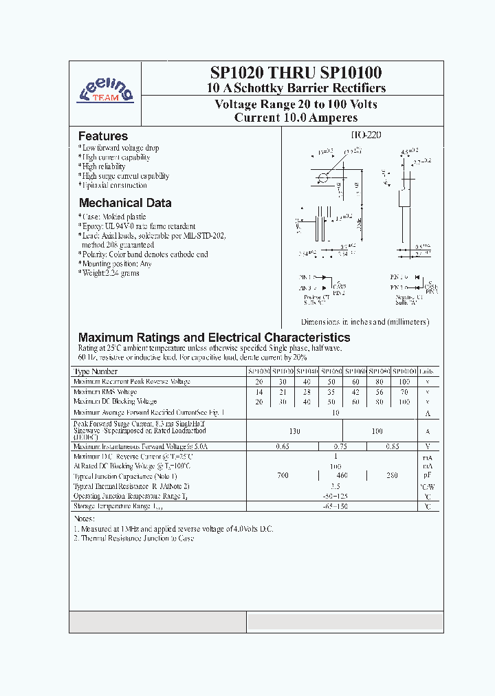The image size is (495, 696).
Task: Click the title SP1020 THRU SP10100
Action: click(x=296, y=72)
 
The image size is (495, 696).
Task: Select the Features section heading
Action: click(x=102, y=136)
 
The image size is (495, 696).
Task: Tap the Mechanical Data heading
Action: click(x=124, y=203)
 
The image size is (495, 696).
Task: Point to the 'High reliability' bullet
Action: click(x=102, y=166)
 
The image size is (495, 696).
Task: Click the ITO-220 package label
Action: click(x=365, y=135)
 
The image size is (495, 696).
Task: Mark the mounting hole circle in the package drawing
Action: click(x=323, y=179)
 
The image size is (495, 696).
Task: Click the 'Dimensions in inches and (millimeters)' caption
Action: click(x=364, y=322)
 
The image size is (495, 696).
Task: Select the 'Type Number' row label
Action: click(x=96, y=371)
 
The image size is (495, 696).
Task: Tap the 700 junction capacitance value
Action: click(x=283, y=476)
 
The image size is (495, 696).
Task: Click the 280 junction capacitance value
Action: click(x=391, y=476)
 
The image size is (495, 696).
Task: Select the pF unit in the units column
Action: click(x=427, y=476)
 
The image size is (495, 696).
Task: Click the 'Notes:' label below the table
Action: click(x=84, y=519)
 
